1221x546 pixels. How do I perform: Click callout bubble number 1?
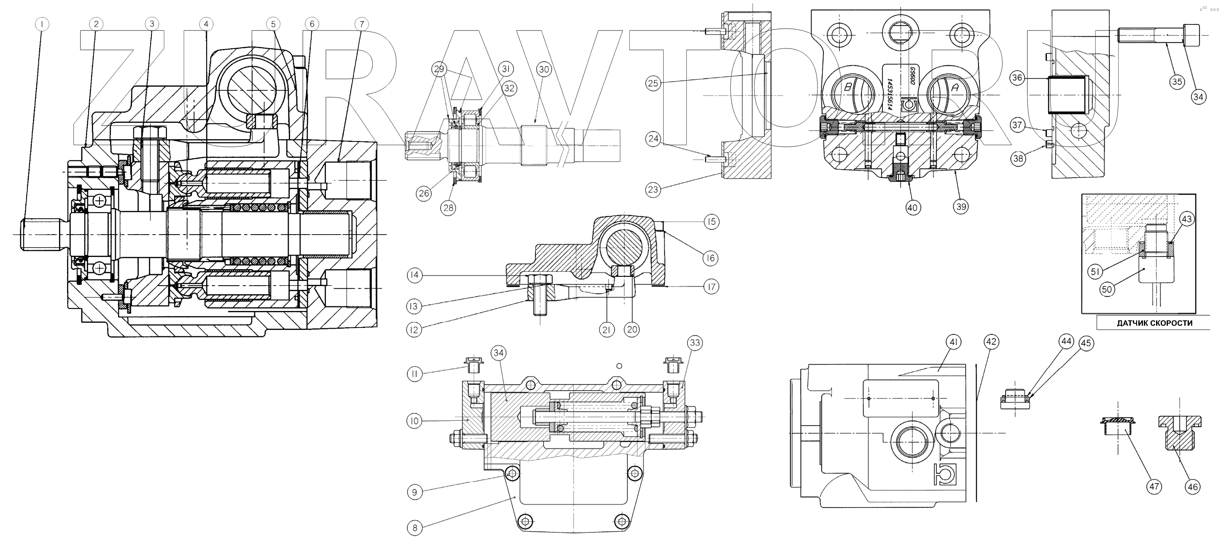click(x=42, y=24)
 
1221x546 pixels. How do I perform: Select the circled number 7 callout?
click(x=361, y=24)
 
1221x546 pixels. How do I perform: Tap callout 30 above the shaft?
click(x=543, y=70)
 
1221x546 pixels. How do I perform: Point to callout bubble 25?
click(x=653, y=84)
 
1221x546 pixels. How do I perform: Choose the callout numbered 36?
click(x=1017, y=78)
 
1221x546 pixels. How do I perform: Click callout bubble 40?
click(x=913, y=207)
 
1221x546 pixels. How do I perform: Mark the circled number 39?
click(x=961, y=206)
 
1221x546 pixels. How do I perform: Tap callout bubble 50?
click(x=1107, y=289)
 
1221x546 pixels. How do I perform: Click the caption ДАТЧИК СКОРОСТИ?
click(x=1154, y=324)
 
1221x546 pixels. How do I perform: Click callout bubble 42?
click(x=991, y=341)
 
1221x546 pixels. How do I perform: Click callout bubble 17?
click(x=711, y=287)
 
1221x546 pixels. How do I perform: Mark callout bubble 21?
click(x=606, y=330)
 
